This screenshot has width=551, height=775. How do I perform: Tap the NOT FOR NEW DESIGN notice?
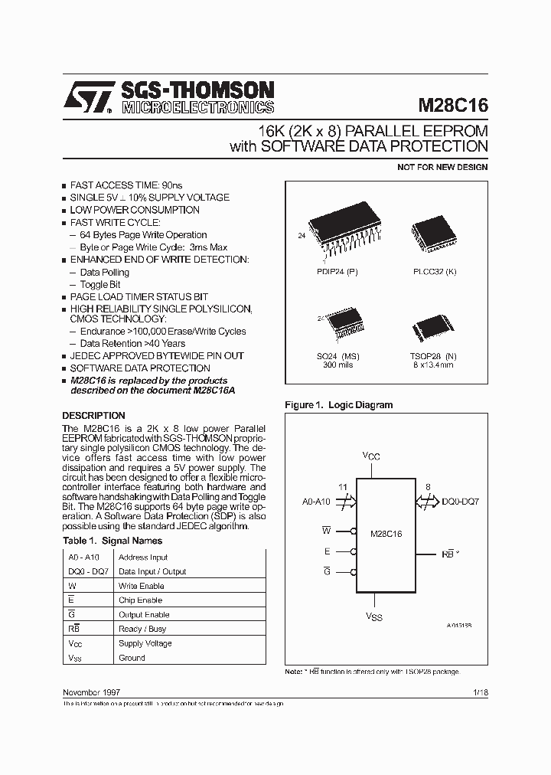(x=442, y=167)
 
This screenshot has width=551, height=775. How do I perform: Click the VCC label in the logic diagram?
(x=371, y=456)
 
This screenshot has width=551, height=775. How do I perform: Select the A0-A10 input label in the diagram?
(x=316, y=502)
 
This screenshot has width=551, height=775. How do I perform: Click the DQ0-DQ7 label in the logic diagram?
(x=461, y=502)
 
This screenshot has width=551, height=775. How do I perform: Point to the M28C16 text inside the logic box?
(x=386, y=533)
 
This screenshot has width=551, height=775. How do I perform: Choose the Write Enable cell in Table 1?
(x=141, y=586)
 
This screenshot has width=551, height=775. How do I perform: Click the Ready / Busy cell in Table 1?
(x=142, y=629)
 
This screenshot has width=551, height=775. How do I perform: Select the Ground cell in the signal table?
(x=132, y=658)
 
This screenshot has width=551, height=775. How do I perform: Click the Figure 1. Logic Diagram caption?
(x=338, y=404)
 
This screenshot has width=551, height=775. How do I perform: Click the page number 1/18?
(x=480, y=692)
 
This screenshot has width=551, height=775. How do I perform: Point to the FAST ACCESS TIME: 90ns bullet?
(x=126, y=185)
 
